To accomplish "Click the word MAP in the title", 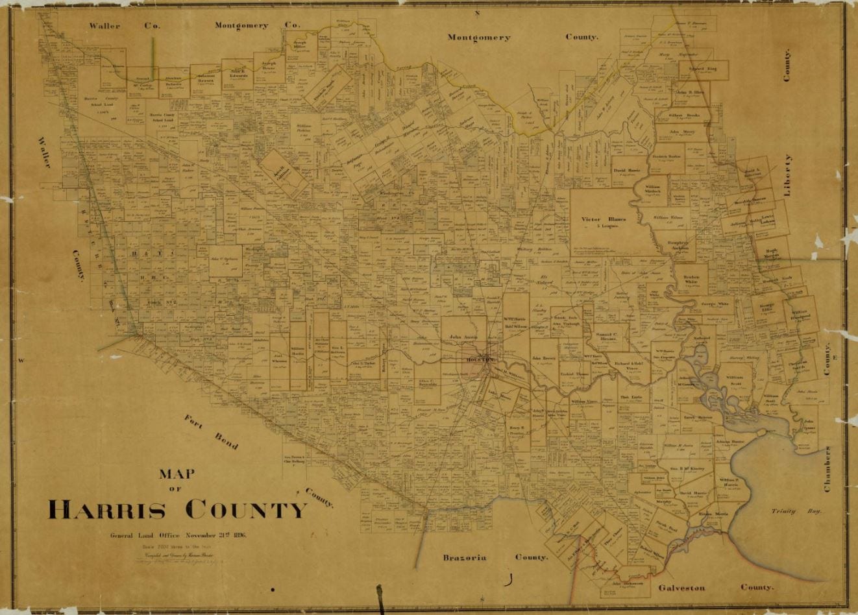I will pyautogui.click(x=177, y=474).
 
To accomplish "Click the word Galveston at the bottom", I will pyautogui.click(x=681, y=588).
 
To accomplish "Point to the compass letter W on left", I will pyautogui.click(x=21, y=361).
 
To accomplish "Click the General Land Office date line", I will pyautogui.click(x=178, y=535).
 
